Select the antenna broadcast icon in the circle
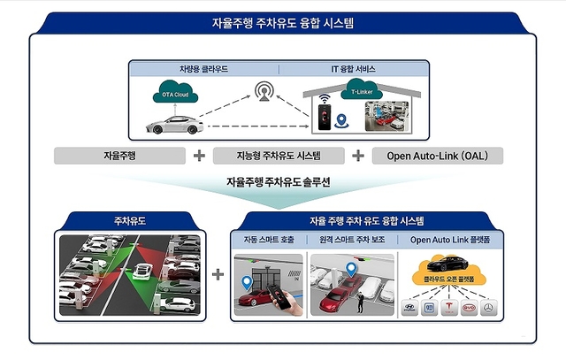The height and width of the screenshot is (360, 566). [264, 91]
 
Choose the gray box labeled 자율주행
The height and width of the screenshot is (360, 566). [119, 156]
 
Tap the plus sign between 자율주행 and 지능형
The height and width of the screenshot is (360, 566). [200, 156]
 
